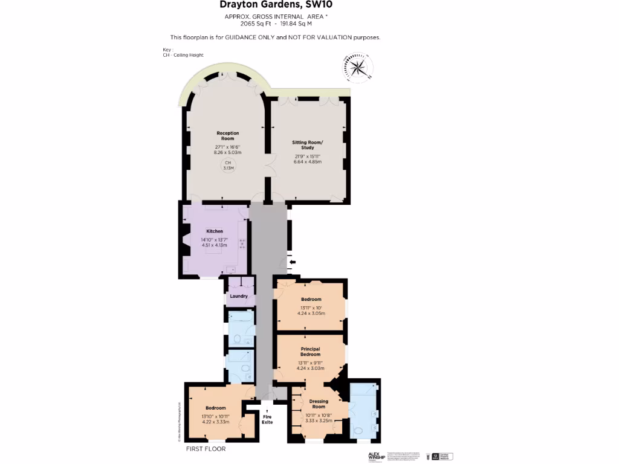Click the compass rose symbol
358,67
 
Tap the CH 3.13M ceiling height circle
228,166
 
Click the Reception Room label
228,136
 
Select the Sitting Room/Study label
308,145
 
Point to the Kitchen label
215,231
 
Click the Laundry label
239,296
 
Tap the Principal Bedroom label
311,352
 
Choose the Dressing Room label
319,404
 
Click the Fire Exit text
267,419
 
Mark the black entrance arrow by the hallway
293,262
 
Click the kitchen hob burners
243,244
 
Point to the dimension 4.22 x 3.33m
215,422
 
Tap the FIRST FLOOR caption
206,449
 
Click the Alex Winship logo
376,456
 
